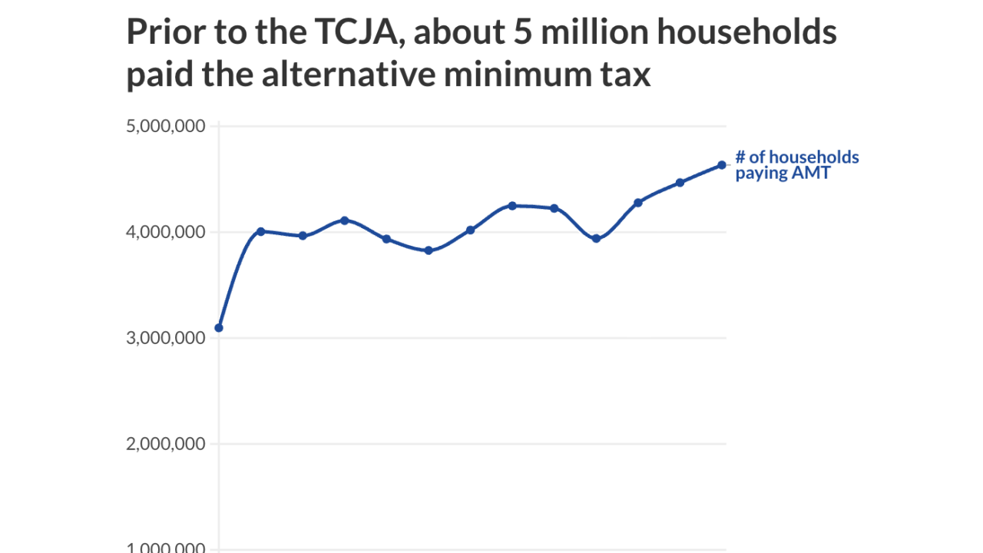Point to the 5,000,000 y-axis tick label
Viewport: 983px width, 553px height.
165,126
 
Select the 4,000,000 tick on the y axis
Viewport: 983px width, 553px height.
165,232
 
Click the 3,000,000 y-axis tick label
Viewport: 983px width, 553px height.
165,338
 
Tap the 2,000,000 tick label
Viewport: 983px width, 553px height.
165,444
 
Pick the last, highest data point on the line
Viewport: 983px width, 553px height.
722,165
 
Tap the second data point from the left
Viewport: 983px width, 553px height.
260,231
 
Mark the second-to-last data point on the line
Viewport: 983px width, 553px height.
680,183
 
